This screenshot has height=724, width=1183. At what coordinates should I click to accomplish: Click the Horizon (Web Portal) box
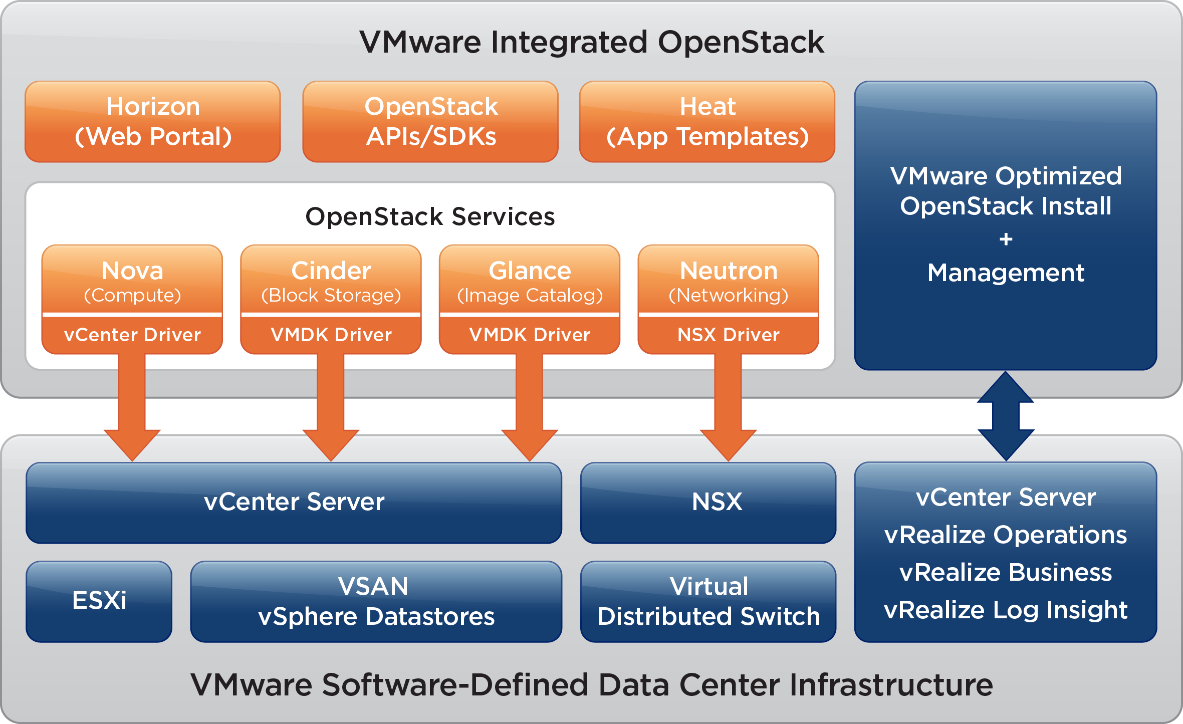pyautogui.click(x=153, y=122)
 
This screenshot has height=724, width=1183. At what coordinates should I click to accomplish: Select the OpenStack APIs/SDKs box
pyautogui.click(x=430, y=122)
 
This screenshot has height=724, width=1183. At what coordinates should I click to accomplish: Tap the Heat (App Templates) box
pyautogui.click(x=707, y=122)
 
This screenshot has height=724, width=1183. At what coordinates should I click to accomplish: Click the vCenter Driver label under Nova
pyautogui.click(x=132, y=335)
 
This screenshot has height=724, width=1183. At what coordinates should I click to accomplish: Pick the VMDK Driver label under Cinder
pyautogui.click(x=331, y=335)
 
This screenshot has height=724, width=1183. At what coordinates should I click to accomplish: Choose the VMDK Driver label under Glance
pyautogui.click(x=530, y=335)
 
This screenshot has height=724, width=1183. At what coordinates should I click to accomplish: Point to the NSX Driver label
pyautogui.click(x=728, y=335)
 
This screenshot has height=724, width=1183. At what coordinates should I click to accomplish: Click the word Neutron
pyautogui.click(x=729, y=271)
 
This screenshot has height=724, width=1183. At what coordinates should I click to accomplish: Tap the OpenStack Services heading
pyautogui.click(x=430, y=217)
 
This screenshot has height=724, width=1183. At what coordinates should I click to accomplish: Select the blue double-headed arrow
pyautogui.click(x=1006, y=416)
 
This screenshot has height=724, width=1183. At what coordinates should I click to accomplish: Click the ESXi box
pyautogui.click(x=99, y=601)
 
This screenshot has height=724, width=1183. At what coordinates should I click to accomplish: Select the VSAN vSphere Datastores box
pyautogui.click(x=376, y=601)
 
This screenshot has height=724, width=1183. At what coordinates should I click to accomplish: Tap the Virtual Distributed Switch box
pyautogui.click(x=708, y=601)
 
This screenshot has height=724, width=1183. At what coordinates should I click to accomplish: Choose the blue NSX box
pyautogui.click(x=708, y=503)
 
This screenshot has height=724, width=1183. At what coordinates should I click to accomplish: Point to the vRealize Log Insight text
pyautogui.click(x=1006, y=610)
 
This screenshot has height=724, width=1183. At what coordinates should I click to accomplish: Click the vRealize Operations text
pyautogui.click(x=1006, y=535)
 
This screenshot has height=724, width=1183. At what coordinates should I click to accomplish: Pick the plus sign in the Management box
pyautogui.click(x=1006, y=239)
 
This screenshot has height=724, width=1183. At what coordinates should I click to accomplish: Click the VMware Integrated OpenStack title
pyautogui.click(x=591, y=42)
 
